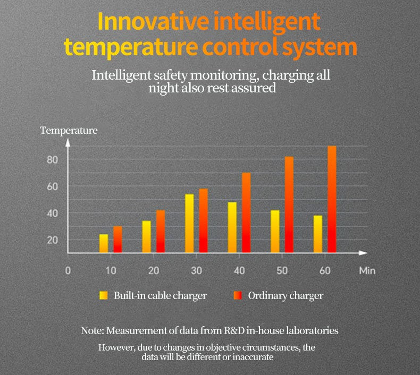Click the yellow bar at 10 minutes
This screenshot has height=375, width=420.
(104, 243)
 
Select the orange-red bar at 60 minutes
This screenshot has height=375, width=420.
(332, 199)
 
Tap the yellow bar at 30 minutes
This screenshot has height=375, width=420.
(189, 223)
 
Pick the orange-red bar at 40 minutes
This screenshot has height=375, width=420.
(246, 212)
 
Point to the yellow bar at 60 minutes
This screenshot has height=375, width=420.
(318, 234)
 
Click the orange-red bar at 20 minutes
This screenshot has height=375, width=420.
(161, 231)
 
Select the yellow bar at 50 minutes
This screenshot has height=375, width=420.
(275, 231)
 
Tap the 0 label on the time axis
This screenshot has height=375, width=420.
(68, 270)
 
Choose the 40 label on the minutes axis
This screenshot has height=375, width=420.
(239, 270)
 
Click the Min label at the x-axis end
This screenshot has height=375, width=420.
(367, 270)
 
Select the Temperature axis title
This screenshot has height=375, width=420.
(69, 130)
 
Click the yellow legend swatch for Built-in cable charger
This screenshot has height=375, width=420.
(104, 295)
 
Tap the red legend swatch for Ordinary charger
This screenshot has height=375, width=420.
(238, 295)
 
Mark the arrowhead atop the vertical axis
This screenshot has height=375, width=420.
(68, 142)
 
